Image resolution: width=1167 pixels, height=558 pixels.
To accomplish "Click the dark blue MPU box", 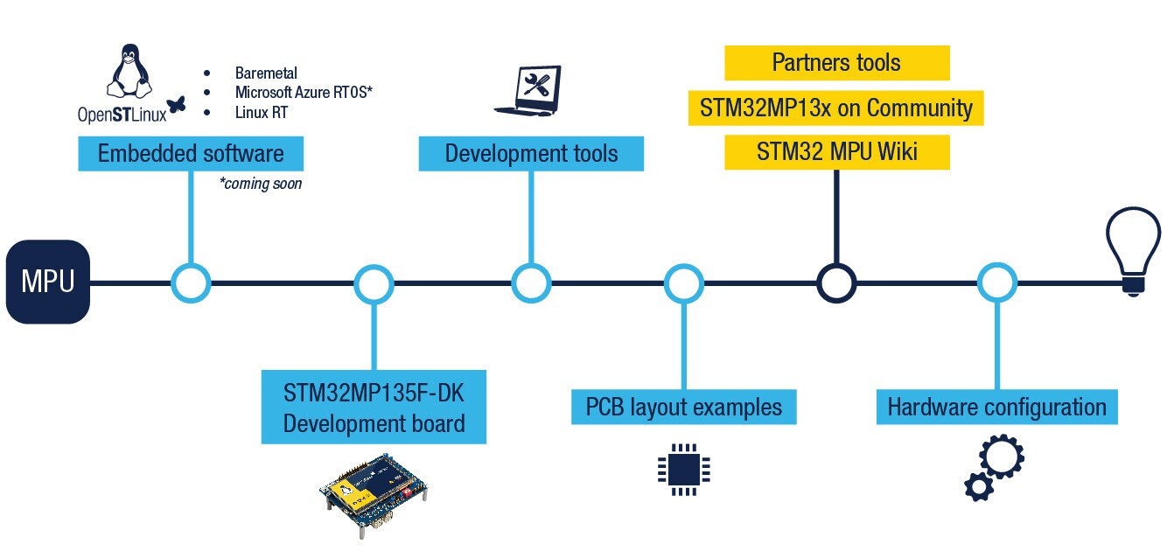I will click(x=48, y=282).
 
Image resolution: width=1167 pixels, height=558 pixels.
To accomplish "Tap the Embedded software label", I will click(x=191, y=154).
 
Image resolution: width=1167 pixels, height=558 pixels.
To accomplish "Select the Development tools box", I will click(x=531, y=154).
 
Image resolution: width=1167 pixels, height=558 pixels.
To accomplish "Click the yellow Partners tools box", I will click(x=836, y=63).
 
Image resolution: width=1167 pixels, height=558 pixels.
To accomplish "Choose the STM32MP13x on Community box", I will click(x=836, y=108).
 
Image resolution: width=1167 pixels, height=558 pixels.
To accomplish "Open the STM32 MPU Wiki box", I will click(x=836, y=152).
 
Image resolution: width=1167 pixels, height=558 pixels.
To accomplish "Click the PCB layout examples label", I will click(x=683, y=408).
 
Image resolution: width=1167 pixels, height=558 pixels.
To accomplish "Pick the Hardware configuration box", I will click(x=996, y=408).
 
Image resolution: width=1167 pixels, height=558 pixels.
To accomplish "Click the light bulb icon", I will click(x=1133, y=250).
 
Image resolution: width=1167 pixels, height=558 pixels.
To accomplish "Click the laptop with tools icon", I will click(x=528, y=91).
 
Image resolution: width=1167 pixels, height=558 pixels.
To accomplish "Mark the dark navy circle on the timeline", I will click(x=836, y=283).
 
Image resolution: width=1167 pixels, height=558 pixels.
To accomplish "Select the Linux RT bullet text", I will click(x=261, y=113).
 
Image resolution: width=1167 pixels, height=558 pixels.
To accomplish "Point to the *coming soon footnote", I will click(x=261, y=184).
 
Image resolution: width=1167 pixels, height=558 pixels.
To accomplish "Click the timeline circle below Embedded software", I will click(x=191, y=283).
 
